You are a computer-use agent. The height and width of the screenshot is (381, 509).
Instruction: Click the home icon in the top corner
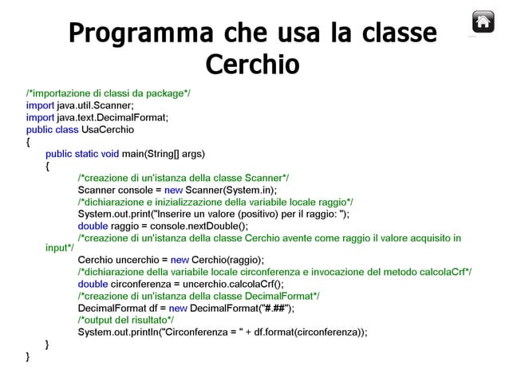(483, 22)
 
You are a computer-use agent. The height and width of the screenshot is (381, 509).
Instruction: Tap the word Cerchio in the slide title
(252, 64)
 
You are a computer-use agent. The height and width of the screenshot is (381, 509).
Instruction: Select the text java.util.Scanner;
(95, 105)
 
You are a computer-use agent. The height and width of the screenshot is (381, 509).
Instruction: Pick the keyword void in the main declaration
(109, 154)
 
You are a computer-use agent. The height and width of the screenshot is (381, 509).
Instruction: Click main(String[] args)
(164, 154)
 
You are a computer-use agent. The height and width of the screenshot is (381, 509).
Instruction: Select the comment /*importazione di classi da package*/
(108, 93)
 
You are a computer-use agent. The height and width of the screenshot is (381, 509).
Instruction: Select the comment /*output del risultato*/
(126, 320)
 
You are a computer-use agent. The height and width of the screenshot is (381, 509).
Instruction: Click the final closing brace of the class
(29, 356)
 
